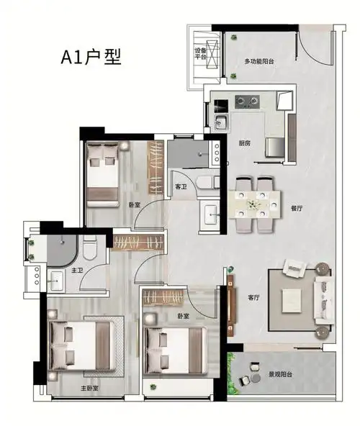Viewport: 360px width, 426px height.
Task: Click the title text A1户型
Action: point(91,57)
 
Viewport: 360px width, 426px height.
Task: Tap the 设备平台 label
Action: point(200,53)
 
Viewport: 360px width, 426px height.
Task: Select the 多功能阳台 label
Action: point(259,61)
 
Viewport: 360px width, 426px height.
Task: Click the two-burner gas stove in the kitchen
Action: point(247,101)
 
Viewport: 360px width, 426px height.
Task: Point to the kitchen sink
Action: point(221,122)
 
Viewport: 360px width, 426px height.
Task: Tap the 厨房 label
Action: point(245,143)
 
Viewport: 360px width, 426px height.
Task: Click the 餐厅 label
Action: point(297,209)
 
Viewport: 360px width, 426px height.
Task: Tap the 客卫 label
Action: point(181,186)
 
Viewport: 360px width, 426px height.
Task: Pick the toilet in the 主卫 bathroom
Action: point(90,248)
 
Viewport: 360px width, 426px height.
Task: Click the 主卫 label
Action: point(77,271)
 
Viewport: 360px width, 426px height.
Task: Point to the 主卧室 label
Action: point(89,389)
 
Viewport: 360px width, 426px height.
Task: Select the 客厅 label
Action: point(253,297)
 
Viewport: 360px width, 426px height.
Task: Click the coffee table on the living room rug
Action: point(292,300)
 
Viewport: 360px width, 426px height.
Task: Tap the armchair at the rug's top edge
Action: point(294,268)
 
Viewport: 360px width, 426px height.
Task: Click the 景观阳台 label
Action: point(280,374)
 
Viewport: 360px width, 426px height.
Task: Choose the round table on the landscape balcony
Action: point(256,379)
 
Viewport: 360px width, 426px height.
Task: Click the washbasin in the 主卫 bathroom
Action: point(57,281)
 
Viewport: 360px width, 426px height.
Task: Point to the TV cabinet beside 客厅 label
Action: point(230,305)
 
